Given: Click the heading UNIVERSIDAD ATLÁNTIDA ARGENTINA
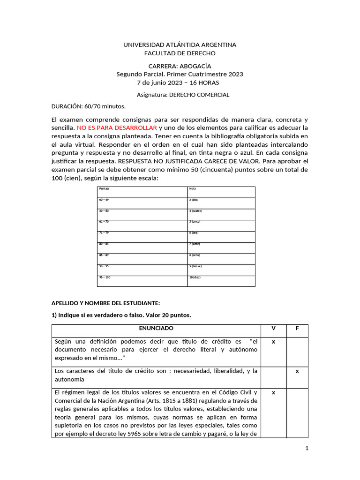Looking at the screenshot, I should click(x=180, y=45).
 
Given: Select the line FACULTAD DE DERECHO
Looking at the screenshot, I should click(x=180, y=53).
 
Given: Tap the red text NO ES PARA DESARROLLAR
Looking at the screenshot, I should click(x=117, y=127).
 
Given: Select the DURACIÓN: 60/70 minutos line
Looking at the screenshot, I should click(x=89, y=106).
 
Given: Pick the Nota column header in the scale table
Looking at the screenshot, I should click(x=192, y=189).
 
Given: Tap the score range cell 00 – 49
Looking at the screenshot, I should click(x=104, y=200).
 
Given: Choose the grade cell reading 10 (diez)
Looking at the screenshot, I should click(x=195, y=277).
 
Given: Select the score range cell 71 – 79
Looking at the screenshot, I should click(x=104, y=233).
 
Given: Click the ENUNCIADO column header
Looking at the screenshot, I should click(x=156, y=329).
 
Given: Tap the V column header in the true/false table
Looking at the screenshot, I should click(x=273, y=329).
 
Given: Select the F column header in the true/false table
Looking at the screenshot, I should click(x=297, y=329).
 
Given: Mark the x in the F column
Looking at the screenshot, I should click(x=297, y=371).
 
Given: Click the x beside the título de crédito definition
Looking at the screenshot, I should click(x=273, y=342).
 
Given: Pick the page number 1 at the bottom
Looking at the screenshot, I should click(x=307, y=449).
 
